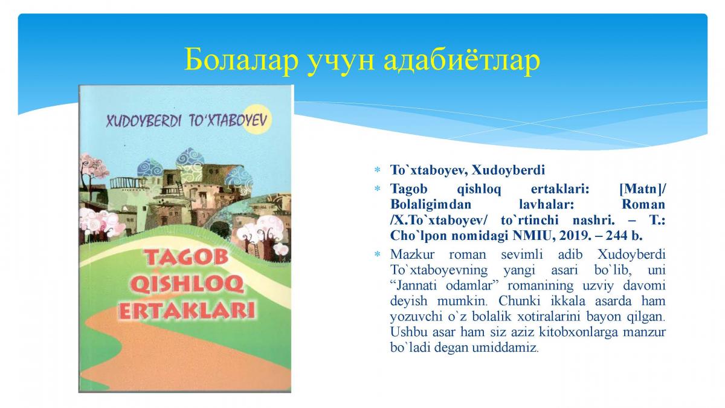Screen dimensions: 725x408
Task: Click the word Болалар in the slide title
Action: (241, 60)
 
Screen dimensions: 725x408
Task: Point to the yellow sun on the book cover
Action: (257, 119)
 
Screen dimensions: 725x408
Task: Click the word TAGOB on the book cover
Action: (187, 257)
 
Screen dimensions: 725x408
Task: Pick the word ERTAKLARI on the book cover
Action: (187, 311)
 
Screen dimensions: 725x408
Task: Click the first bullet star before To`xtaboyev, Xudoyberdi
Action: (377, 169)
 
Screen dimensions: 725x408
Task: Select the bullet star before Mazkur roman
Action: (377, 254)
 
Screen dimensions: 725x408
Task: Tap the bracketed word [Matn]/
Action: (642, 189)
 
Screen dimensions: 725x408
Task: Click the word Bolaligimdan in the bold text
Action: (431, 205)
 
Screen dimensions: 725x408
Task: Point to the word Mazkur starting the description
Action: (412, 254)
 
